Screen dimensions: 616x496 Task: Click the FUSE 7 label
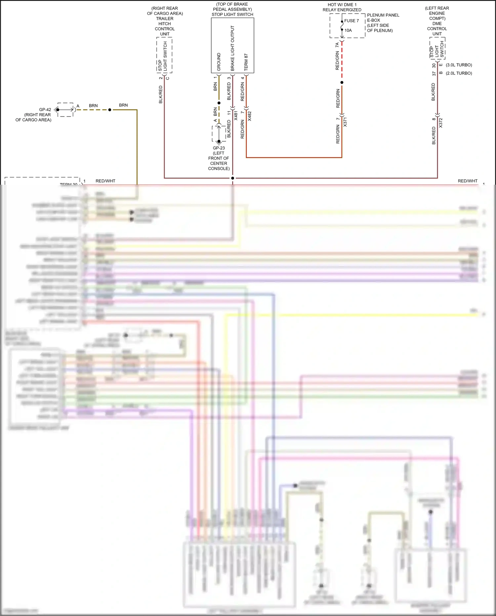[x=351, y=21]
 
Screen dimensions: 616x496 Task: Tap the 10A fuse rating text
[x=348, y=30]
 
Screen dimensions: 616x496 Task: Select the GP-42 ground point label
[x=45, y=110]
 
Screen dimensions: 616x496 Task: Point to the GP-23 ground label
[x=219, y=148]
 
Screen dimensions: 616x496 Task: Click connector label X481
[x=236, y=115]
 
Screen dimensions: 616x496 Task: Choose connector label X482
[x=250, y=116]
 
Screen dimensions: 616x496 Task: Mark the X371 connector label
[x=345, y=122]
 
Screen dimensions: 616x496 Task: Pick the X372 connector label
[x=440, y=123]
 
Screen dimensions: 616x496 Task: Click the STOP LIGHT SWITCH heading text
[x=232, y=15]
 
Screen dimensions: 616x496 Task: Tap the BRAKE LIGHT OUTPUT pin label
[x=232, y=48]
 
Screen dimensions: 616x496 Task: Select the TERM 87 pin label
[x=246, y=62]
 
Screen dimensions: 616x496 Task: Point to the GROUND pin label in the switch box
[x=219, y=62]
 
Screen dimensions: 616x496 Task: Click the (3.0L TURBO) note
[x=459, y=65]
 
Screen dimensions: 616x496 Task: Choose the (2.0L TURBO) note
[x=459, y=73]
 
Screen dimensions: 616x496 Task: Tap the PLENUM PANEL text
[x=383, y=15]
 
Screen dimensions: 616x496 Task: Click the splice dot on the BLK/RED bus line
[x=232, y=178]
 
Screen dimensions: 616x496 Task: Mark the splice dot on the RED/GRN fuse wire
[x=342, y=82]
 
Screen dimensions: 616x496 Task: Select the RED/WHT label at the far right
[x=468, y=181]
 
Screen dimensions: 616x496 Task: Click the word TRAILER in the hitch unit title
[x=165, y=19]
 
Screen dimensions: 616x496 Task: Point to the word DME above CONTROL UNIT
[x=437, y=24]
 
